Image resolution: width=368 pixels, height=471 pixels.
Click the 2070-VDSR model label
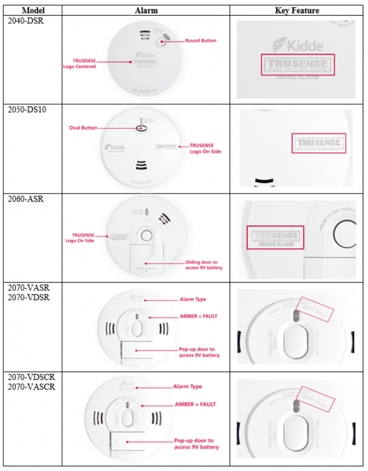point(28,297)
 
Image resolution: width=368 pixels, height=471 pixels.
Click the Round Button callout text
point(201,41)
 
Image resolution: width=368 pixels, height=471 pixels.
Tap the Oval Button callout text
point(83,127)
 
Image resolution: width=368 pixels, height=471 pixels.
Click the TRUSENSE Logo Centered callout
point(79,63)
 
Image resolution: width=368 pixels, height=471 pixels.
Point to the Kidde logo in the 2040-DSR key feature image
point(297,45)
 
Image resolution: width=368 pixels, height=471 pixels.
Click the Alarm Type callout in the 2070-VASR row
point(192,300)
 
